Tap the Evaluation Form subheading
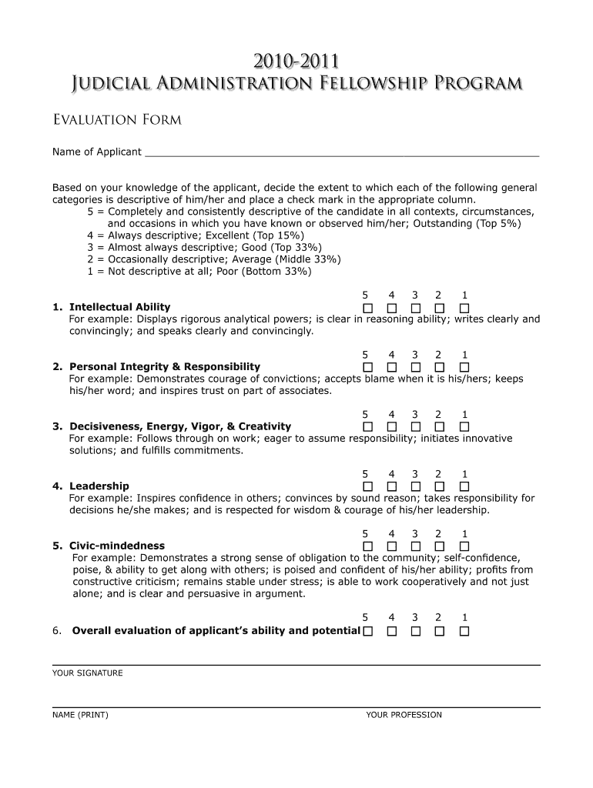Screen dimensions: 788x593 tap(116, 120)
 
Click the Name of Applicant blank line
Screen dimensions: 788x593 tap(342, 152)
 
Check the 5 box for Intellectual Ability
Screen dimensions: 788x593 tap(367, 308)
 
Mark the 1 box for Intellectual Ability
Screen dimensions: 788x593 tap(464, 308)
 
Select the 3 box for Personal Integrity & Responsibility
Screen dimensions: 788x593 tap(416, 367)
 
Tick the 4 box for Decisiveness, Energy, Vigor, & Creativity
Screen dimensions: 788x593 tap(392, 427)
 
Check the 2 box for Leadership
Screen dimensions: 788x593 tap(440, 486)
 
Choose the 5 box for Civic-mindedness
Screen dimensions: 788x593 tap(367, 546)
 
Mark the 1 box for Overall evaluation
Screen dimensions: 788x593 tap(464, 632)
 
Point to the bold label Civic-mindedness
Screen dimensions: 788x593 tap(117, 546)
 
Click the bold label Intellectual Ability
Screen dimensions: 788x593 tap(120, 308)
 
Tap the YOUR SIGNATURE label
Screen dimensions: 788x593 tap(88, 673)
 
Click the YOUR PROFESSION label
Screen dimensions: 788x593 tap(404, 715)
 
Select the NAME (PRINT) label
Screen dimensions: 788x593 tap(80, 715)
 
